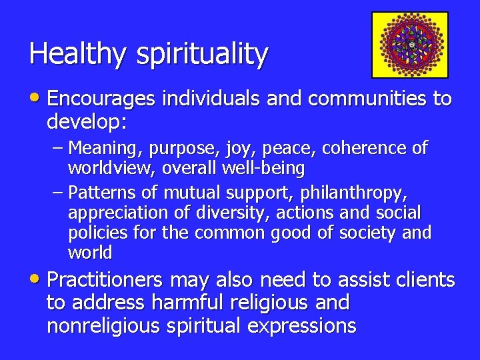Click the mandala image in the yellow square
(x=410, y=45)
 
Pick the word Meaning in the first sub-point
(x=101, y=148)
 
